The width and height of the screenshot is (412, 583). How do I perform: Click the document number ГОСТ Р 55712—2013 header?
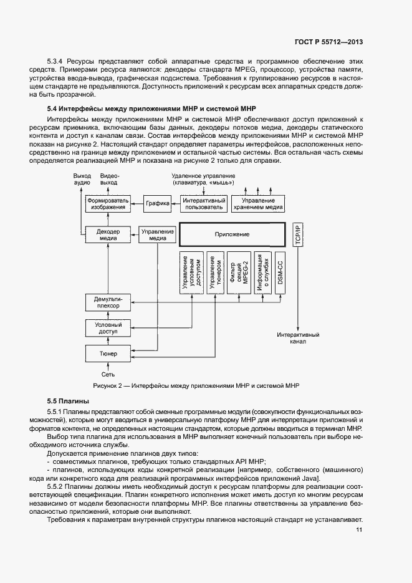[x=329, y=42]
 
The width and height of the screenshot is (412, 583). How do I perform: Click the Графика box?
[x=157, y=204]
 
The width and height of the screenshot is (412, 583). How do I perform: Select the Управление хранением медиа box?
[x=259, y=204]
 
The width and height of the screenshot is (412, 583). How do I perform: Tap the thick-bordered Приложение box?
[x=232, y=234]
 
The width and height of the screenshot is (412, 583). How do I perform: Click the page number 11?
[x=359, y=530]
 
